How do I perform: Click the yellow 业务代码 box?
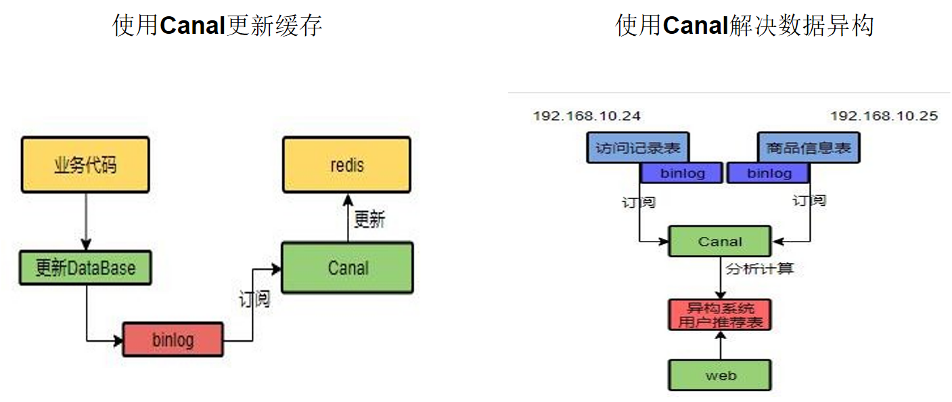pyautogui.click(x=85, y=164)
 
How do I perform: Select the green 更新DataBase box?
pyautogui.click(x=85, y=268)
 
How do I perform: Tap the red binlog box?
pyautogui.click(x=173, y=339)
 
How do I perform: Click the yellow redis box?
pyautogui.click(x=346, y=164)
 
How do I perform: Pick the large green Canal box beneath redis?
pyautogui.click(x=347, y=267)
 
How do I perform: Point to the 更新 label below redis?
pyautogui.click(x=369, y=219)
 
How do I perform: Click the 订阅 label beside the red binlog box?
pyautogui.click(x=254, y=298)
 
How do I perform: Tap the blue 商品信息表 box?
pyautogui.click(x=808, y=147)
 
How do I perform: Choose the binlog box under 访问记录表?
pyautogui.click(x=682, y=173)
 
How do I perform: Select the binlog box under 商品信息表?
pyautogui.click(x=769, y=173)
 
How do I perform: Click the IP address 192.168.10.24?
pyautogui.click(x=587, y=116)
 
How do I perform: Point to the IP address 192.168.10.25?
pyautogui.click(x=884, y=116)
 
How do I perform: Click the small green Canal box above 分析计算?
pyautogui.click(x=719, y=242)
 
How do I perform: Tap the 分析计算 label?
pyautogui.click(x=759, y=269)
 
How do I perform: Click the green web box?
pyautogui.click(x=720, y=375)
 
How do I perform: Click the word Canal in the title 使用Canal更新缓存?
pyautogui.click(x=193, y=26)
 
